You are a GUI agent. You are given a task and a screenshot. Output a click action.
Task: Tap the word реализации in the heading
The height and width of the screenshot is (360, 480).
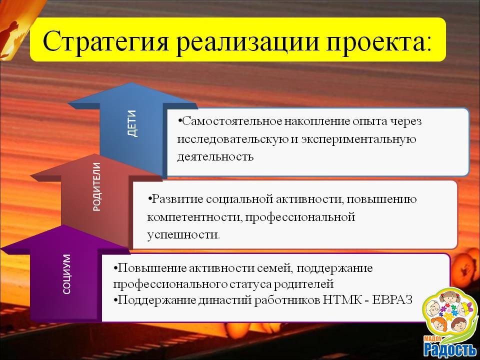pyautogui.click(x=248, y=42)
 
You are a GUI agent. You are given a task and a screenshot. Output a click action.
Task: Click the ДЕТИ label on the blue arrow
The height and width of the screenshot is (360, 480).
pyautogui.click(x=132, y=123)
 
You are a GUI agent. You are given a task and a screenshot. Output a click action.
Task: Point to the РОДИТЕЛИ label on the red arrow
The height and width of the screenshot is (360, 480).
pyautogui.click(x=96, y=186)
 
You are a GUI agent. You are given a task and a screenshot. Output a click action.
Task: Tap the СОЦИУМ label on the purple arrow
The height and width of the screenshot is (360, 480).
pyautogui.click(x=66, y=274)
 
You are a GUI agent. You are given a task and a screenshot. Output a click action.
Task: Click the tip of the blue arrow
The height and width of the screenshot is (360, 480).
pyautogui.click(x=132, y=82)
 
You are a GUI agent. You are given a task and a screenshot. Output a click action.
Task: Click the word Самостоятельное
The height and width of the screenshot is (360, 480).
pyautogui.click(x=229, y=121)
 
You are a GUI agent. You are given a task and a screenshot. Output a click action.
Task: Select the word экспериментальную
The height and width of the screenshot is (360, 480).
pyautogui.click(x=358, y=139)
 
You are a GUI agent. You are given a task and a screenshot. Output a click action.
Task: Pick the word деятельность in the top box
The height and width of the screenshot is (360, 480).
pyautogui.click(x=215, y=156)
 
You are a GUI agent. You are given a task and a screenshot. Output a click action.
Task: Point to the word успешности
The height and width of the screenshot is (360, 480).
pyautogui.click(x=183, y=235)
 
